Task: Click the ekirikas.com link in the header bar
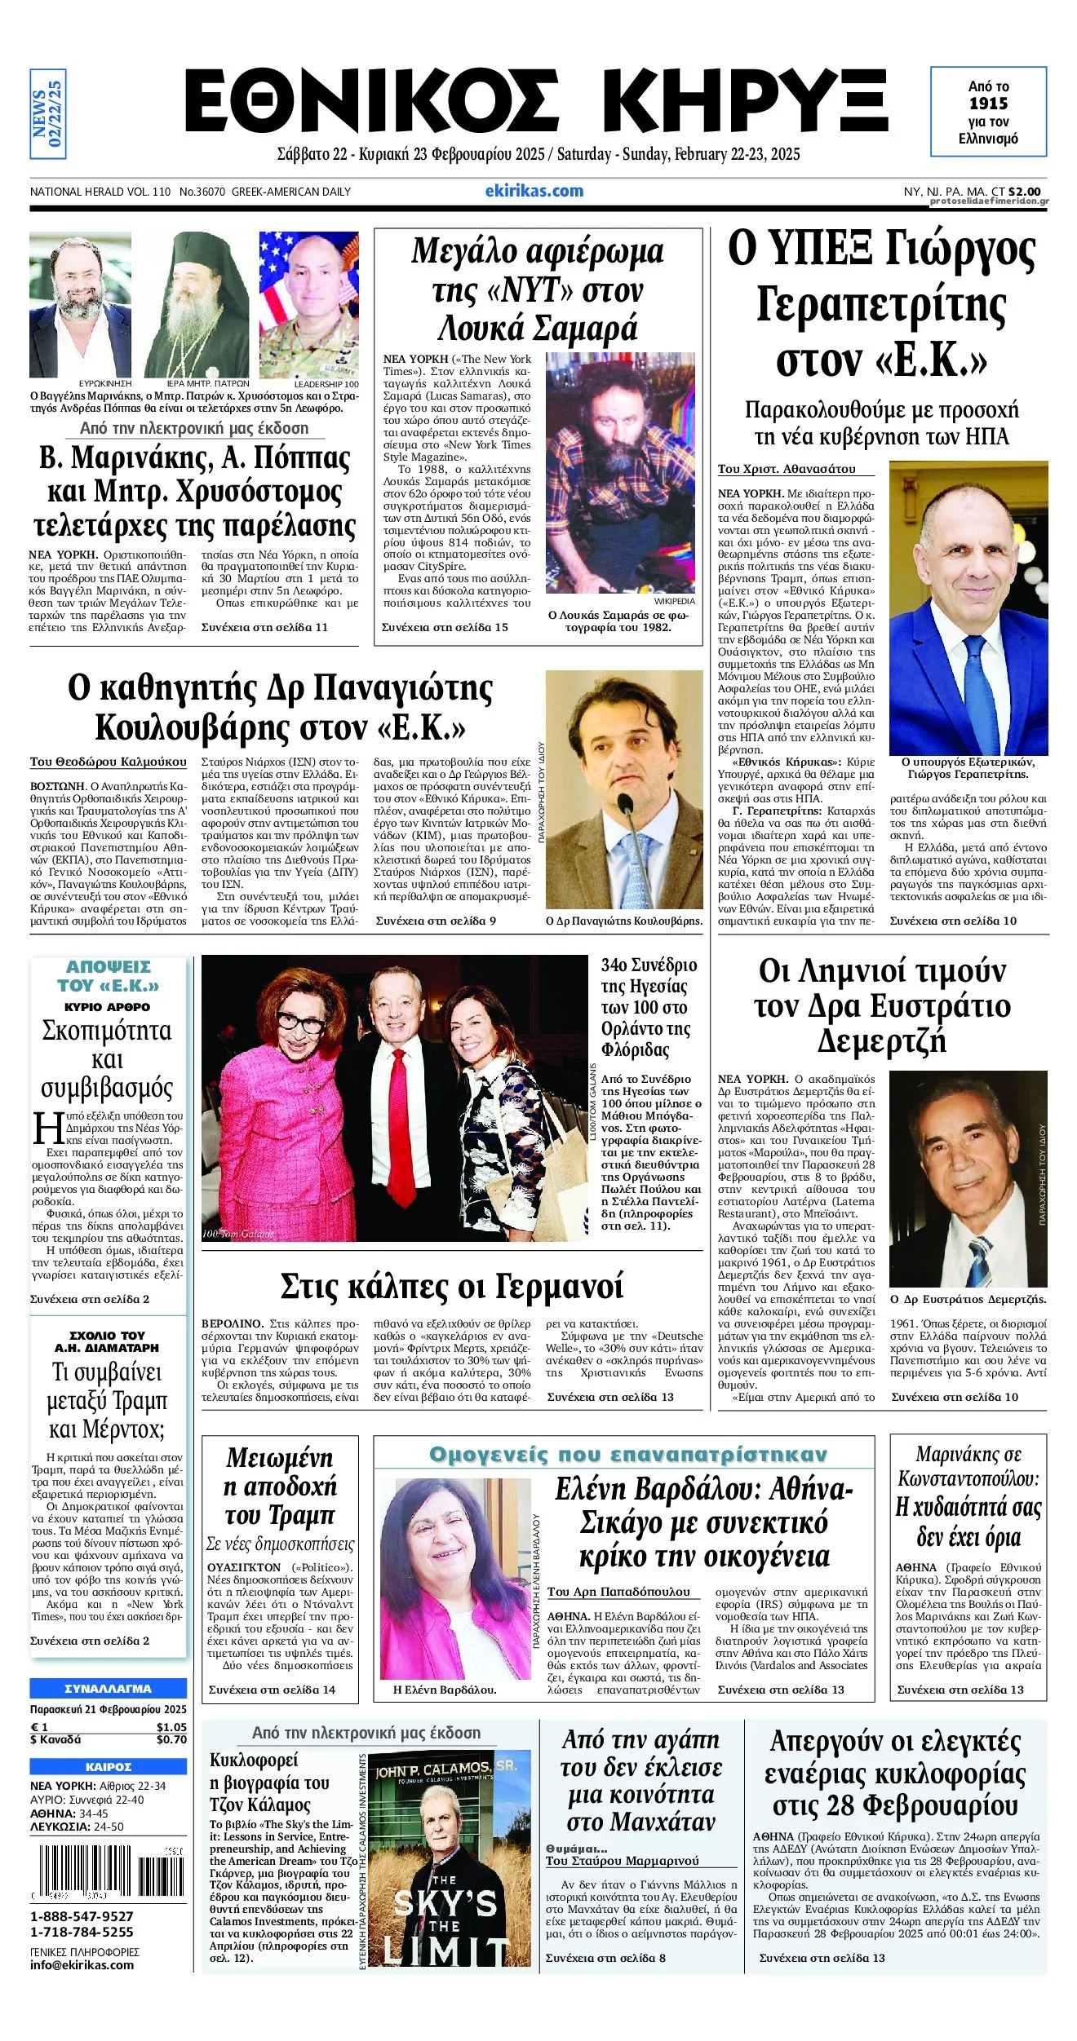click(534, 191)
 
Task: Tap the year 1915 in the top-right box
click(988, 104)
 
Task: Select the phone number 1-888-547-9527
click(82, 1915)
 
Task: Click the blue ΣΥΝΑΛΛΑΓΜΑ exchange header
click(108, 1688)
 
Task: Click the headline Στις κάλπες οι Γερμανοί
click(451, 1286)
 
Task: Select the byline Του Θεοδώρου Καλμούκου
click(109, 762)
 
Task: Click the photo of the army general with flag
click(309, 303)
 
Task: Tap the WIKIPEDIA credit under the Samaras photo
click(674, 600)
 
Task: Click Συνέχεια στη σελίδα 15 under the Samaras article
click(445, 627)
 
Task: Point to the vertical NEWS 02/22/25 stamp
click(47, 113)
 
